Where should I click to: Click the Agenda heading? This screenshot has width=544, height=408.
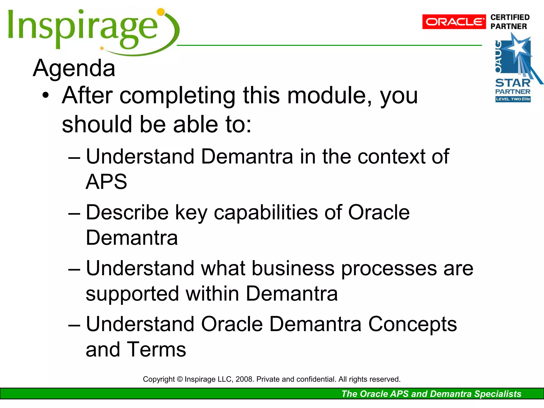(x=74, y=68)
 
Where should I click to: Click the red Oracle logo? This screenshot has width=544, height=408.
(x=454, y=22)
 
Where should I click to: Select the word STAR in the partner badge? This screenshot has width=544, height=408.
(x=513, y=83)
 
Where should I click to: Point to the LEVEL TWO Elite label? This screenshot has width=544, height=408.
(x=513, y=99)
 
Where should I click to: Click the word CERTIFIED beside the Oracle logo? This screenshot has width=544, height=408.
(x=510, y=18)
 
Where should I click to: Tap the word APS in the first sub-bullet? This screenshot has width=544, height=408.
(x=107, y=182)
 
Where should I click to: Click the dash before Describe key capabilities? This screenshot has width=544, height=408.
(x=74, y=214)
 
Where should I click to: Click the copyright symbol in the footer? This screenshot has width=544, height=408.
(x=180, y=379)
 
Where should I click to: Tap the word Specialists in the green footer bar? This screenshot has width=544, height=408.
(x=498, y=394)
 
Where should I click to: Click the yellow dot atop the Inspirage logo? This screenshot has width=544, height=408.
(x=161, y=12)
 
